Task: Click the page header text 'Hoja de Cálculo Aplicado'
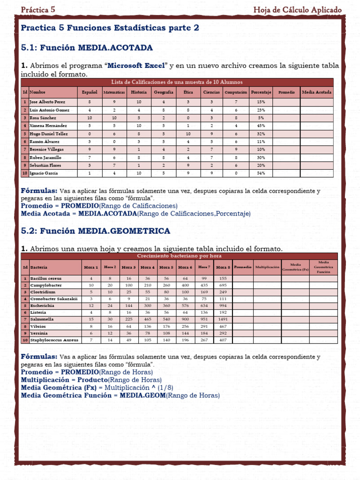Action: (297, 10)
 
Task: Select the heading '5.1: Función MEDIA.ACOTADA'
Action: (87, 48)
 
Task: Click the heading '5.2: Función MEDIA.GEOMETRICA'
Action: (96, 231)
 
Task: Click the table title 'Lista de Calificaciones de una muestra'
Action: (177, 82)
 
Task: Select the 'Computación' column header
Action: (236, 92)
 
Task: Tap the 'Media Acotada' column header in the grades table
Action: (316, 92)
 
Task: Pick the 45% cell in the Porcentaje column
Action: (261, 126)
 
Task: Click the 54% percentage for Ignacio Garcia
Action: (261, 173)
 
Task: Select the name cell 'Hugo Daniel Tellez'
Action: (49, 134)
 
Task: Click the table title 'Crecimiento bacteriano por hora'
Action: (179, 256)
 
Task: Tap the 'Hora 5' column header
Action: (166, 267)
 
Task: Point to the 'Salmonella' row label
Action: (43, 319)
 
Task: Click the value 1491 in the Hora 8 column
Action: (223, 319)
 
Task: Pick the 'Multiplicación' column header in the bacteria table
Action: (267, 267)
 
